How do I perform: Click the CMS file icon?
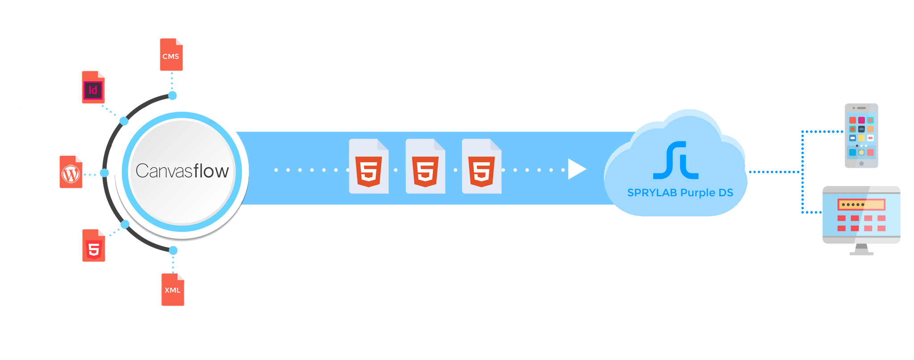(171, 55)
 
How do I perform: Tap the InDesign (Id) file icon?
(93, 87)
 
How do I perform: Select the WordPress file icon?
(71, 172)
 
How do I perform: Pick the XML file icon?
(173, 290)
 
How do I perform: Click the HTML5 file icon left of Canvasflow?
(94, 246)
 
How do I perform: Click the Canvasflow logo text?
(182, 171)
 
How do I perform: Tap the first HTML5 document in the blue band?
(369, 167)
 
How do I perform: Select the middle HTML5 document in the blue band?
(425, 167)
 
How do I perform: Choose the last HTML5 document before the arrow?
(482, 167)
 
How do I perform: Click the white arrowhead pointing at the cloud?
(576, 170)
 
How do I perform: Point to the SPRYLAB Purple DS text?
(680, 193)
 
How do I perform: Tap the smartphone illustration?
(861, 136)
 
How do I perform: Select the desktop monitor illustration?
(861, 215)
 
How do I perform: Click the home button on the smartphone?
(861, 163)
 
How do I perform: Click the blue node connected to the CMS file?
(172, 95)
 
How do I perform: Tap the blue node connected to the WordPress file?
(104, 173)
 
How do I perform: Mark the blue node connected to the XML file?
(173, 250)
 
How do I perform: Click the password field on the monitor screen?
(861, 205)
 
